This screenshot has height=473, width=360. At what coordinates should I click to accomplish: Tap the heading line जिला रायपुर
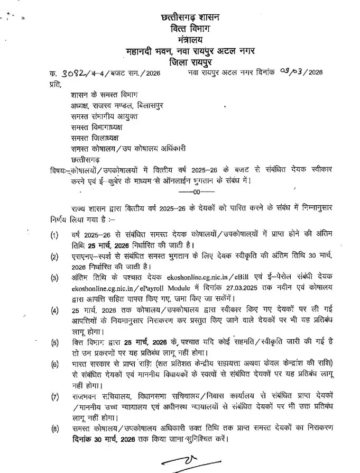point(190,61)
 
